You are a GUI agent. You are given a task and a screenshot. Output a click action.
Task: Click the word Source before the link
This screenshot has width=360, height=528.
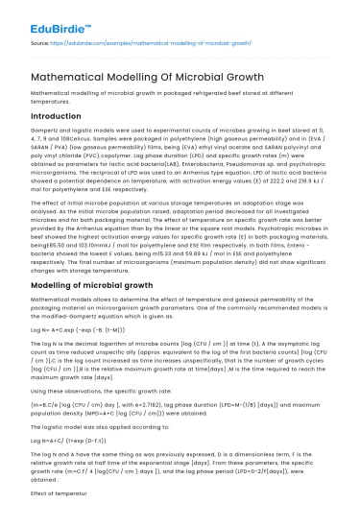click(x=42, y=43)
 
